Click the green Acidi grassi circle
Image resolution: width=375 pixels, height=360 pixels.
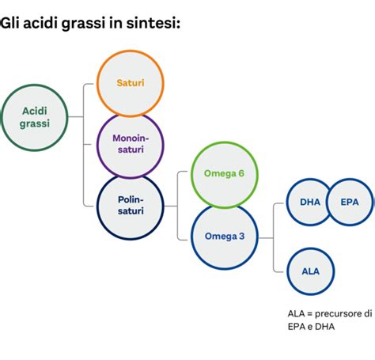(x=34, y=116)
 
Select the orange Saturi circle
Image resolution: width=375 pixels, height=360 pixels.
(x=129, y=83)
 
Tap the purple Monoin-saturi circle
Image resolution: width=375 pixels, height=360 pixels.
(x=129, y=146)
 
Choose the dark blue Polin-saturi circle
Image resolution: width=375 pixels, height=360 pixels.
(x=129, y=205)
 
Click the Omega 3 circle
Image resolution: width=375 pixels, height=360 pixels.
(x=224, y=236)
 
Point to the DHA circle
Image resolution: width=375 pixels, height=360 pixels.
(x=310, y=202)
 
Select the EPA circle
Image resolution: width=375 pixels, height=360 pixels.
(x=349, y=202)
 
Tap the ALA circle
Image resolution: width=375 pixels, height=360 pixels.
(x=310, y=271)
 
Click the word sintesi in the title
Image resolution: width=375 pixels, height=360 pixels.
(x=157, y=24)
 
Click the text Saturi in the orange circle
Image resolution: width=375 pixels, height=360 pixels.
(x=129, y=83)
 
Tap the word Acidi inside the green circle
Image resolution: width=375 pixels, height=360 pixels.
(x=34, y=110)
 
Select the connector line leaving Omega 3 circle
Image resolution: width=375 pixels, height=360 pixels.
(x=264, y=236)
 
